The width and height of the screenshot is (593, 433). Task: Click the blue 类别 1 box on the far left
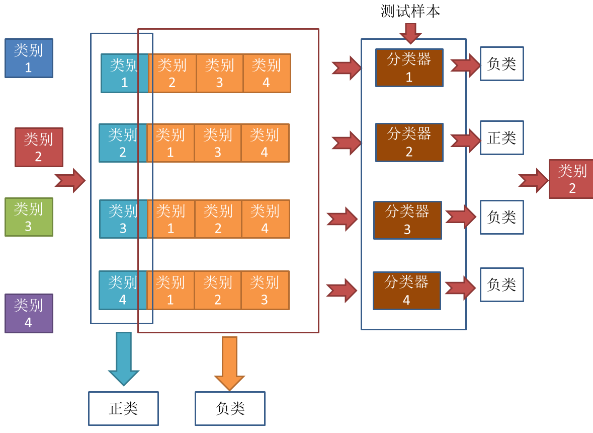pyautogui.click(x=29, y=58)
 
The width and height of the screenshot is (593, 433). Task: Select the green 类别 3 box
pyautogui.click(x=29, y=217)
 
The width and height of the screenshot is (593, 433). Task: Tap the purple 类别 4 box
pyautogui.click(x=29, y=313)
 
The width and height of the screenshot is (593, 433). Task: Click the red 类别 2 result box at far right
pyautogui.click(x=571, y=179)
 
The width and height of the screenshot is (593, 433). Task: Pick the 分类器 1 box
pyautogui.click(x=409, y=67)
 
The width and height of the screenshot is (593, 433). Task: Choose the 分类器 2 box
pyautogui.click(x=409, y=142)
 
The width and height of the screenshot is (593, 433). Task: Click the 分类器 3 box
pyautogui.click(x=407, y=220)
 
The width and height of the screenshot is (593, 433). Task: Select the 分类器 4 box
pyautogui.click(x=406, y=291)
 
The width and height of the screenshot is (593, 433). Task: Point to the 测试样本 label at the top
pyautogui.click(x=410, y=11)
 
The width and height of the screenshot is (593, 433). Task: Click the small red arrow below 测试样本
pyautogui.click(x=410, y=33)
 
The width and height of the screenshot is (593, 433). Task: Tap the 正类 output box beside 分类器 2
pyautogui.click(x=501, y=137)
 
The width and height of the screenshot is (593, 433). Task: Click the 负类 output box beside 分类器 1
pyautogui.click(x=501, y=63)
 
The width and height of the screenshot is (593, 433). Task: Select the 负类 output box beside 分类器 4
pyautogui.click(x=501, y=284)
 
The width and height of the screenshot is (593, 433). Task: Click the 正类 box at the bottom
pyautogui.click(x=123, y=408)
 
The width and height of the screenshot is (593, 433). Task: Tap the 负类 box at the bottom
pyautogui.click(x=230, y=408)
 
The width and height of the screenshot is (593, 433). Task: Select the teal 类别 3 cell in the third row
pyautogui.click(x=123, y=219)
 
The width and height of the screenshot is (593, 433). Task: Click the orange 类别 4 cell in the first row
pyautogui.click(x=267, y=73)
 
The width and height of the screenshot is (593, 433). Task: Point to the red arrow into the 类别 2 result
pyautogui.click(x=533, y=180)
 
